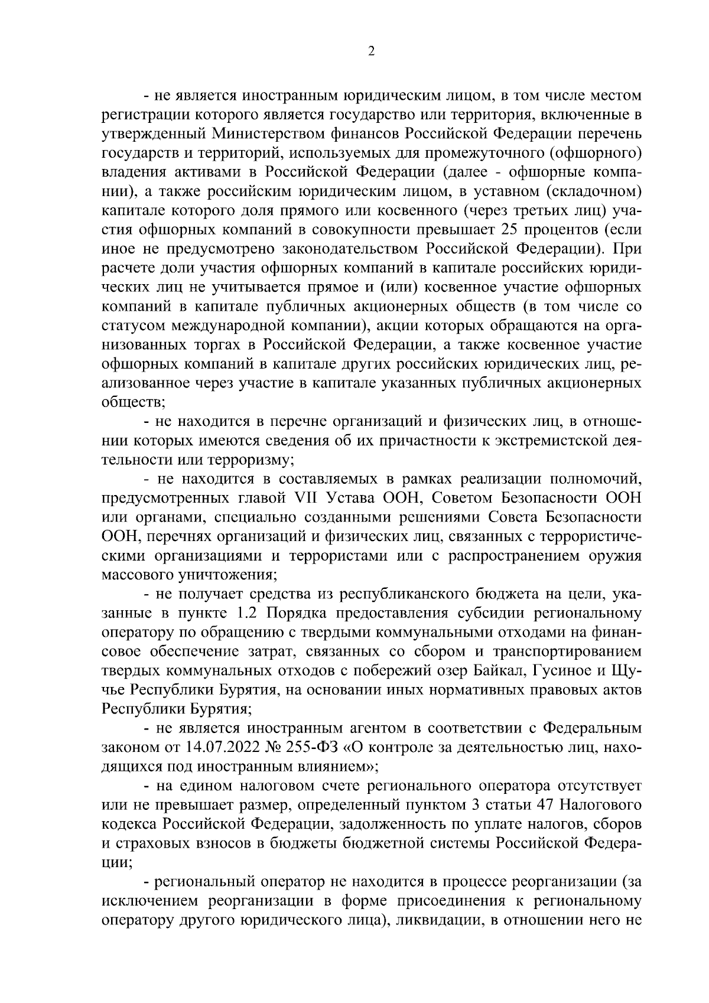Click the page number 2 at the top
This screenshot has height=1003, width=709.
click(371, 51)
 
